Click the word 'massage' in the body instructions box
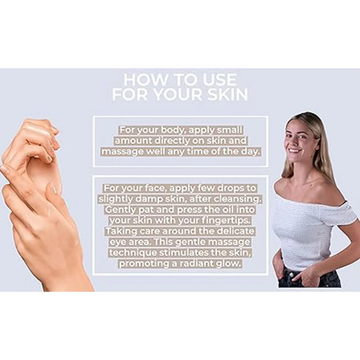click(122, 152)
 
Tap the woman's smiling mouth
click(295, 151)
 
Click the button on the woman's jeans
click(291, 275)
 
